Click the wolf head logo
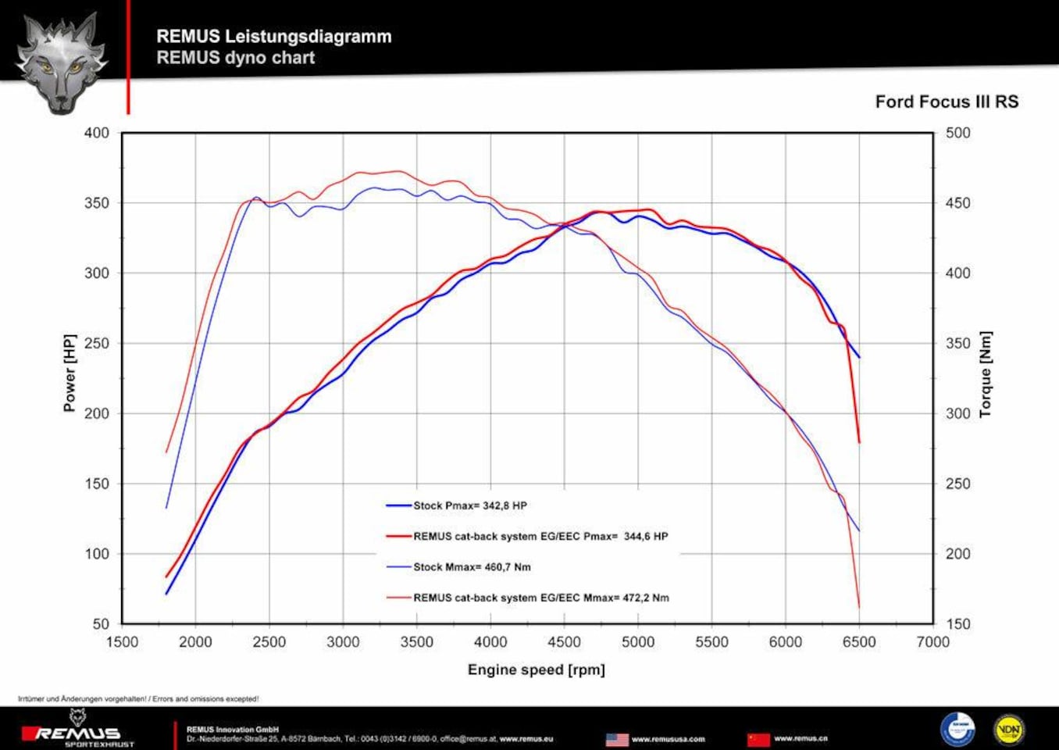[62, 62]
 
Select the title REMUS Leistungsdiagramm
[273, 36]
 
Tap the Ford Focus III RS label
[947, 102]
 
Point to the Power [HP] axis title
[70, 373]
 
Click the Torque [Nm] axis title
[985, 374]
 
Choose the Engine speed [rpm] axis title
[536, 670]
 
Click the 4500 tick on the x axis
[564, 642]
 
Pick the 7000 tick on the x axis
[932, 642]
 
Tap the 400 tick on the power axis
[97, 133]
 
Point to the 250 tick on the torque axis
[957, 484]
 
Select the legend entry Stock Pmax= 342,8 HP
[469, 505]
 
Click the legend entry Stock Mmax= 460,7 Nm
[472, 567]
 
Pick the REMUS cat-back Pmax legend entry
[540, 537]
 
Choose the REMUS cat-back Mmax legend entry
[540, 598]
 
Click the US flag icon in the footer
[617, 739]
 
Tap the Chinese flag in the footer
[758, 739]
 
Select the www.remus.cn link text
[800, 738]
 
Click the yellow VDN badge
[1008, 730]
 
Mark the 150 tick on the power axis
[97, 484]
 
